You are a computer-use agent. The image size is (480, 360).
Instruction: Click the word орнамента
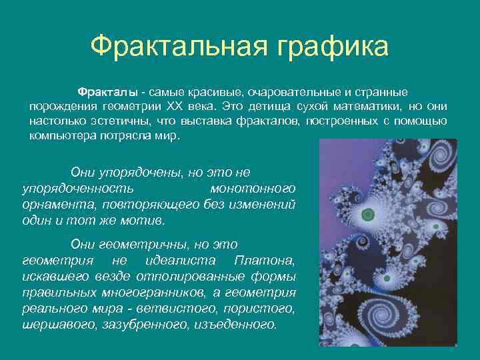tap(52, 205)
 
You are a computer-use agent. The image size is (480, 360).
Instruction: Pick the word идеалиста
tap(174, 260)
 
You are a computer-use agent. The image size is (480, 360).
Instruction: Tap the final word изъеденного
tap(233, 324)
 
